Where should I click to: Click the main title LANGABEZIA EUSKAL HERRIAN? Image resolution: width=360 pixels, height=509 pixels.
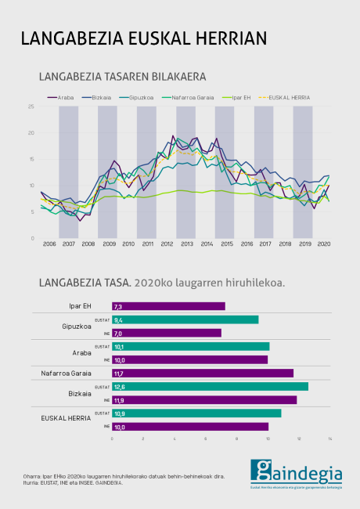pos(143,39)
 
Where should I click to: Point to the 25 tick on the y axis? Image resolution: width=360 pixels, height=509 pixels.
pos(31,106)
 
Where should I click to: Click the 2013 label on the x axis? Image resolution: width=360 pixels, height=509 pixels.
pos(186,244)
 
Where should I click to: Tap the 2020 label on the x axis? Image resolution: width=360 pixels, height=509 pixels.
pos(323,244)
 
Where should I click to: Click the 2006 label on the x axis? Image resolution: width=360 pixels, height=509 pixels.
pos(49,244)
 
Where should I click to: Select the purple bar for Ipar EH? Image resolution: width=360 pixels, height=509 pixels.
pos(168,306)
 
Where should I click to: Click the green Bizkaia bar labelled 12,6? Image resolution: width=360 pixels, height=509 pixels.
pos(210,386)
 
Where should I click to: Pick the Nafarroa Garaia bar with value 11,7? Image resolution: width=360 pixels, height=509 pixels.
pos(202,373)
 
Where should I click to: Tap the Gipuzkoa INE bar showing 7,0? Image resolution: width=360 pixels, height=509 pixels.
pos(167,333)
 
